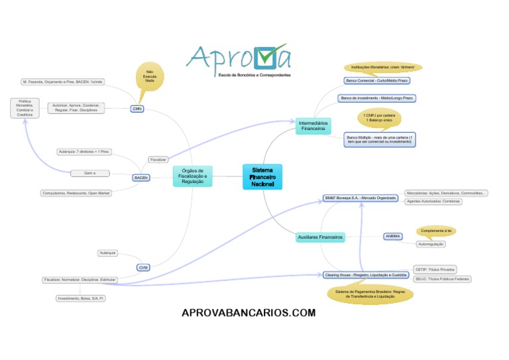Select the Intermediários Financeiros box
(313, 126)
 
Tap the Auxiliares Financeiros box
(321, 237)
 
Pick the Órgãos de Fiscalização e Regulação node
(193, 176)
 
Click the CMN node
(137, 109)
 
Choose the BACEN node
(141, 178)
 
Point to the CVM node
(143, 267)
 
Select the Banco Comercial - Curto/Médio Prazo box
(376, 80)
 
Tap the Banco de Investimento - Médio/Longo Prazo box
(376, 98)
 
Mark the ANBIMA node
(393, 236)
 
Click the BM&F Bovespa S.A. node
(361, 198)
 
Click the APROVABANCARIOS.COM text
(249, 313)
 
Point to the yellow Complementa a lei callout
(435, 231)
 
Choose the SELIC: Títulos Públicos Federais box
(442, 279)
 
